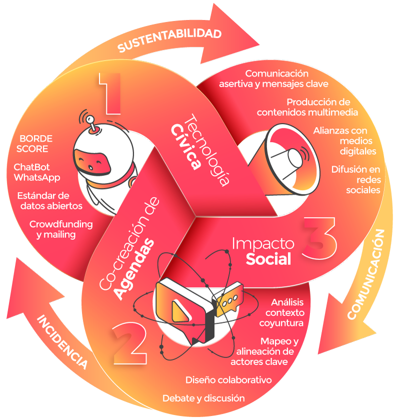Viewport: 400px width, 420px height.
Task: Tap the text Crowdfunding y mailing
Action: (60, 229)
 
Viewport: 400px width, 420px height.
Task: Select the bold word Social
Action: (268, 258)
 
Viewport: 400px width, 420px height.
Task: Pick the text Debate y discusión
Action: (203, 398)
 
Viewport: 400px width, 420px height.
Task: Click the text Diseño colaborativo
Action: (228, 380)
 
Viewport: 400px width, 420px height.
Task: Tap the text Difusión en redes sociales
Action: (355, 179)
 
